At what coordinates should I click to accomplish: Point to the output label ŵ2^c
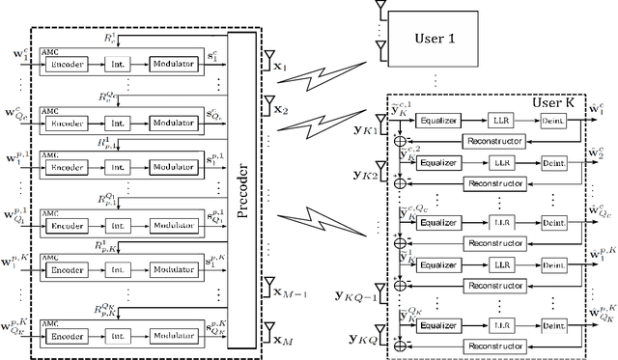coord(601,158)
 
